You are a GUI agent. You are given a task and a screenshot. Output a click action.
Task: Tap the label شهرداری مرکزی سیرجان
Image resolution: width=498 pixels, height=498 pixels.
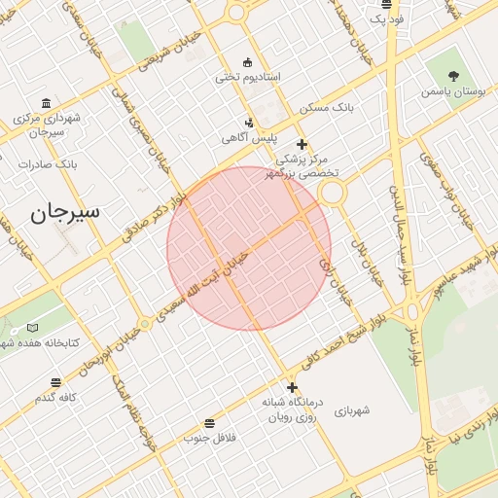coord(46,124)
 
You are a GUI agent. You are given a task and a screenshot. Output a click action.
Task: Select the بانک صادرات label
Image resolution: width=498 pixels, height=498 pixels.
coord(47,163)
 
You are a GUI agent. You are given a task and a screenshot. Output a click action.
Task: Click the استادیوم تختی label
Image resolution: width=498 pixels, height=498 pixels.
coord(247,77)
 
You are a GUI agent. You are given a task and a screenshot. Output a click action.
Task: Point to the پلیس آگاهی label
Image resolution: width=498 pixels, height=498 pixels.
coord(249,138)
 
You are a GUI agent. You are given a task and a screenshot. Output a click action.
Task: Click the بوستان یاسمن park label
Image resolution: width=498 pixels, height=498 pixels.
coord(453,91)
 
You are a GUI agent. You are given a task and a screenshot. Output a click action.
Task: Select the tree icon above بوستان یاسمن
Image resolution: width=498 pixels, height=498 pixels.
coord(454,75)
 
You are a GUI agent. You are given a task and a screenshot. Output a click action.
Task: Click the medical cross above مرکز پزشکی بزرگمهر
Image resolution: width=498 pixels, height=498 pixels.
coord(302,144)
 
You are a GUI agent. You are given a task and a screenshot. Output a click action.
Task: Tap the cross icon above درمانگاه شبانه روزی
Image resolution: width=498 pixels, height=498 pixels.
coord(291,387)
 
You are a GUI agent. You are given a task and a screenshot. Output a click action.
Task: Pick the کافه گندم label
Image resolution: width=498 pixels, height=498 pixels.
coord(55,397)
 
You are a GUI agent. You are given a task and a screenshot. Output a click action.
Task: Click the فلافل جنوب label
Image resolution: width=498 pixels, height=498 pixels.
coord(210,438)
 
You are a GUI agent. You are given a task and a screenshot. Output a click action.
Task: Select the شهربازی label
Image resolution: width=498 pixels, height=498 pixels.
coord(352,410)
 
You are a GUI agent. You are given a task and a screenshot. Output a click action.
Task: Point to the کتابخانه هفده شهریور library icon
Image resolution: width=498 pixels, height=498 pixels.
coord(33,328)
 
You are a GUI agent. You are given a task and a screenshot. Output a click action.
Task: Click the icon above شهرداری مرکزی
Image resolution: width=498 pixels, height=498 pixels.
coord(46,104)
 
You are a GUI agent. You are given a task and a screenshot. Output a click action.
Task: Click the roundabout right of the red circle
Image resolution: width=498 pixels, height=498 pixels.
coord(333,193)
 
